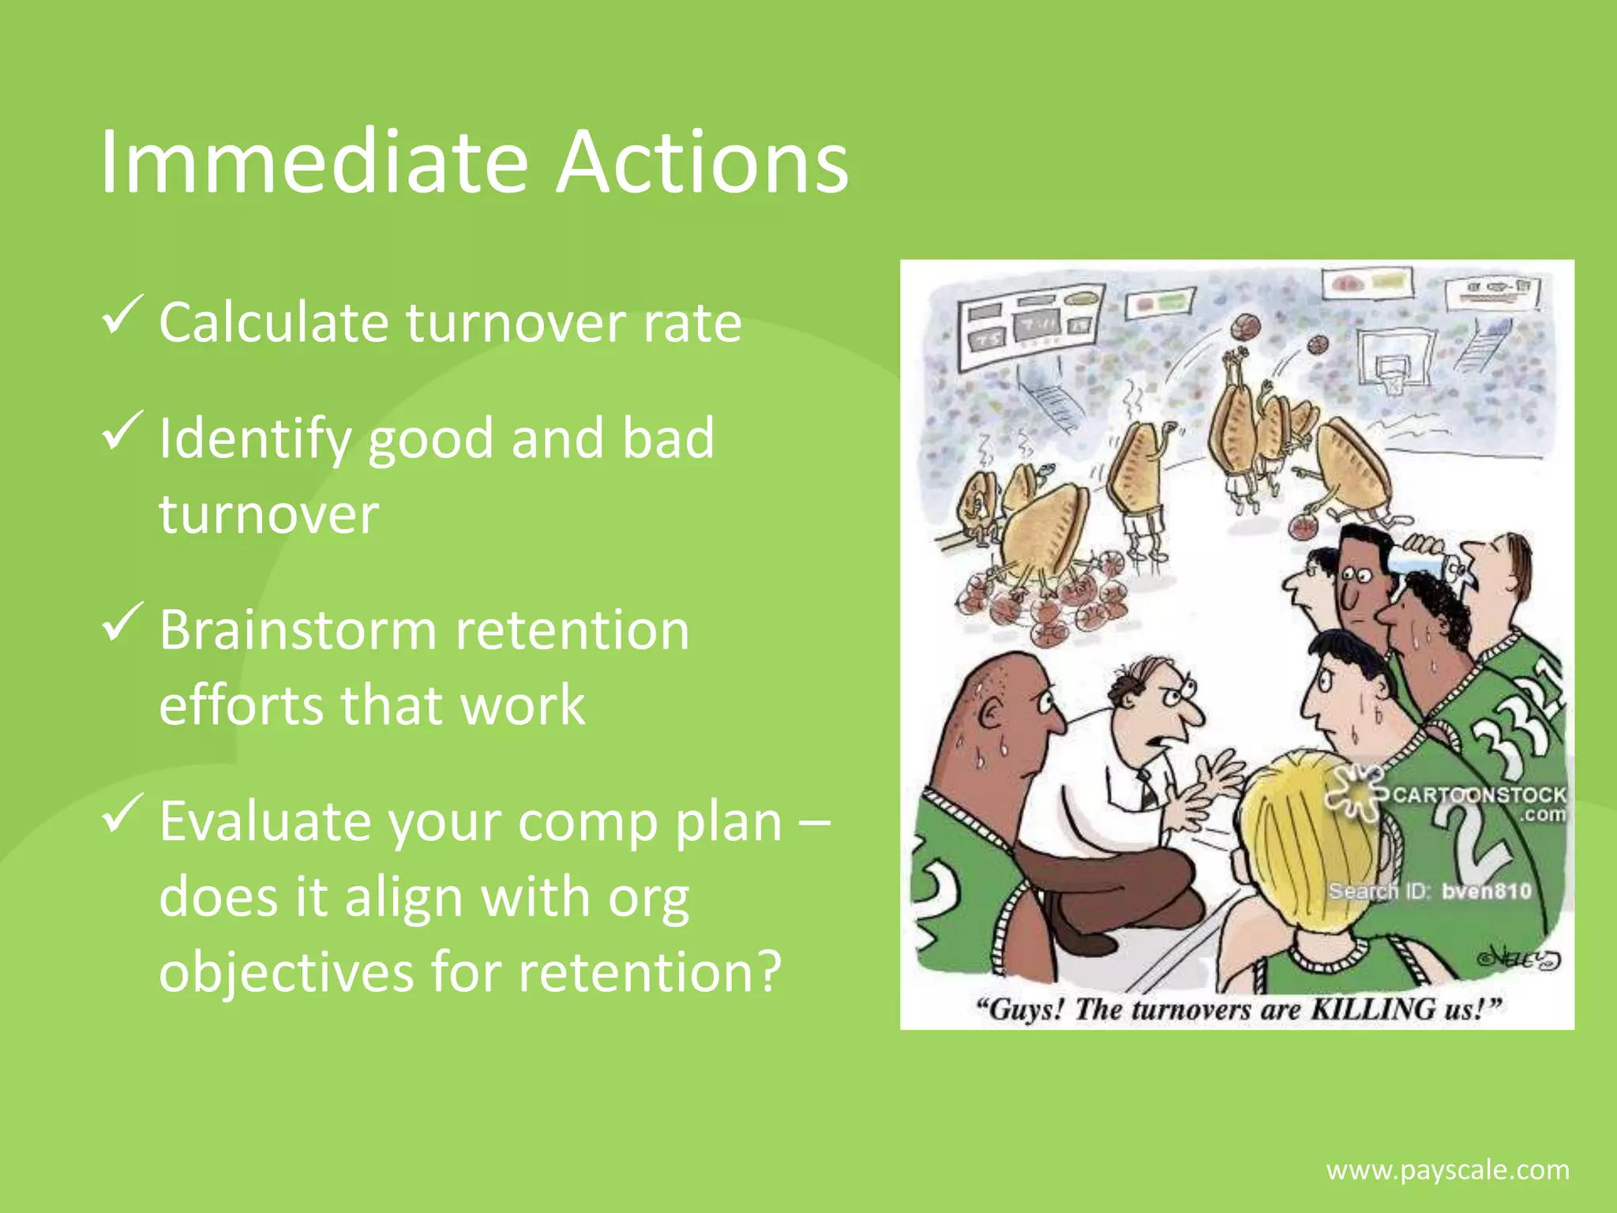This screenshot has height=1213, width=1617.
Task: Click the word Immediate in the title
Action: click(313, 162)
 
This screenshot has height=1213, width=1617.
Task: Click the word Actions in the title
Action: click(701, 162)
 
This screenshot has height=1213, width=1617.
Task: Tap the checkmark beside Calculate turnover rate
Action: click(122, 315)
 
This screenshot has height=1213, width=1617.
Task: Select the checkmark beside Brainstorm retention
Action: click(122, 622)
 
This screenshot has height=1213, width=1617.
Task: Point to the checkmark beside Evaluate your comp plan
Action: click(122, 813)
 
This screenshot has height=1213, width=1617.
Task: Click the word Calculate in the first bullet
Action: click(273, 322)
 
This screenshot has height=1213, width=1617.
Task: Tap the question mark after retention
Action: click(764, 971)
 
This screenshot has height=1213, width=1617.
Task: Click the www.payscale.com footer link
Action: click(1447, 1170)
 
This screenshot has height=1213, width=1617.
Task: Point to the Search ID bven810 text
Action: click(1429, 892)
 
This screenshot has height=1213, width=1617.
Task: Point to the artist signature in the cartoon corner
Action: click(1520, 960)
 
